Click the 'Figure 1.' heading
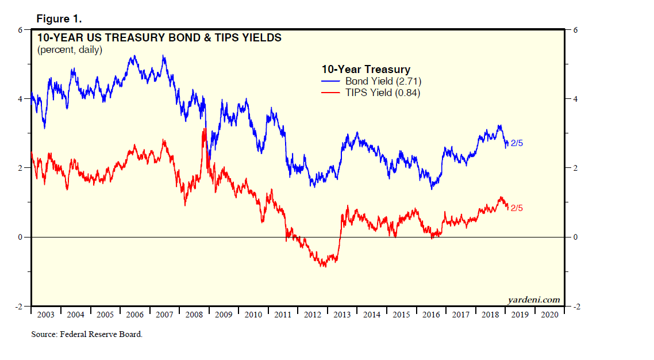coord(59,18)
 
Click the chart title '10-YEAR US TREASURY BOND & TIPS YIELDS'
coord(159,39)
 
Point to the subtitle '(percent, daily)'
coord(70,50)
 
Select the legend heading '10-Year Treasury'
coord(366,70)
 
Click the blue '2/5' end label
coord(517,143)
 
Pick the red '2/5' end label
coord(517,208)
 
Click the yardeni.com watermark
coord(533,300)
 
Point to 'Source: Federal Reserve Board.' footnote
coord(87,334)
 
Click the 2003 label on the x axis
coord(45,315)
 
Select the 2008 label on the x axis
coord(194,315)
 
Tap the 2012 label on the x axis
coord(313,315)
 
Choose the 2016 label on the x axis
coord(431,315)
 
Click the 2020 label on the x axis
coord(549,315)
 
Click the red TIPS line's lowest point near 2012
coord(324,266)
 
